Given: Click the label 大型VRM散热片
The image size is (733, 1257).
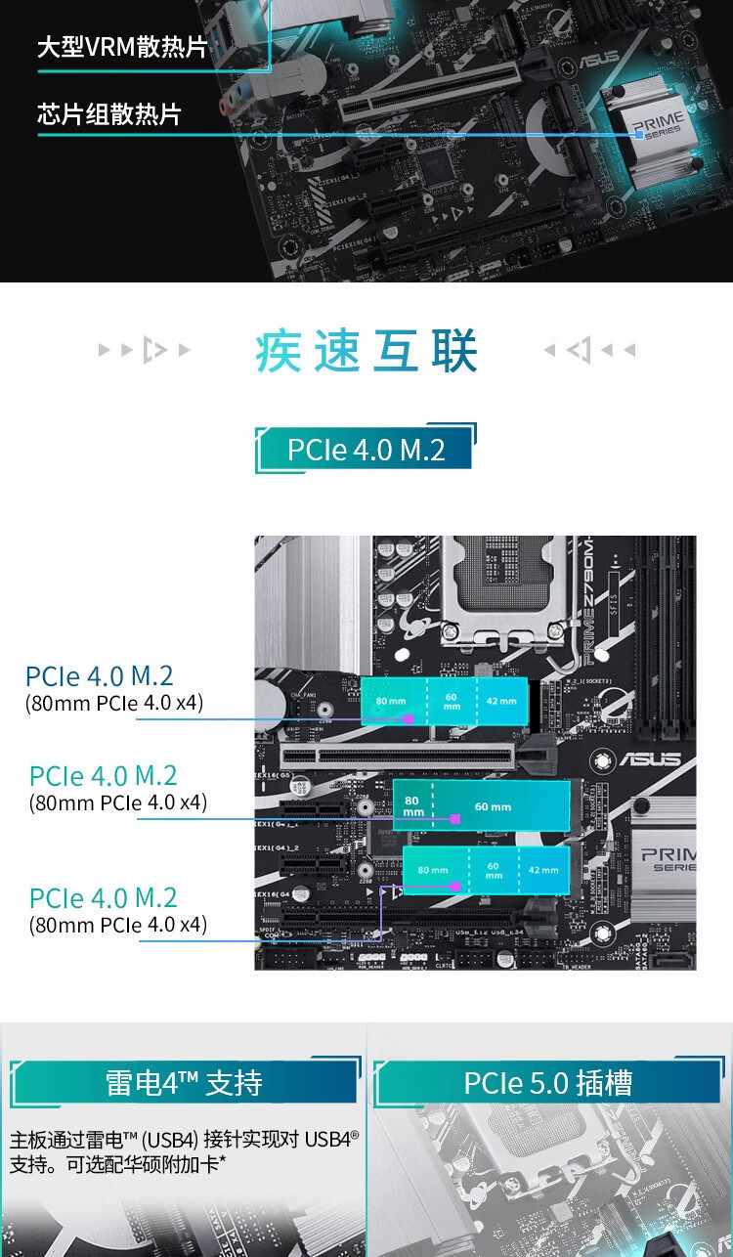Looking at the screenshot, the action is click(122, 47).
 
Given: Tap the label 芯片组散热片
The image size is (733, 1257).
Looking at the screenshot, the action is click(109, 114).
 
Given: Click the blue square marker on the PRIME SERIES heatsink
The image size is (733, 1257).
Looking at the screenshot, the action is click(638, 135).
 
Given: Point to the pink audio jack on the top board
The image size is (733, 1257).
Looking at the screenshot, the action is click(231, 105).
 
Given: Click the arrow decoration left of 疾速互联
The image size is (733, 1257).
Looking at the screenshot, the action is click(145, 350).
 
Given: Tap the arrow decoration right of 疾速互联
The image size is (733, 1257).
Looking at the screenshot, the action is click(588, 350).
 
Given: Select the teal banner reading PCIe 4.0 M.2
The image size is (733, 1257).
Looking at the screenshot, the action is click(366, 450).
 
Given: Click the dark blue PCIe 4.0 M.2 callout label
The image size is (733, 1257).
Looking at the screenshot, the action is click(100, 675).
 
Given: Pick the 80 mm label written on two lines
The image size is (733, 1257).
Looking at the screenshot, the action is click(413, 806).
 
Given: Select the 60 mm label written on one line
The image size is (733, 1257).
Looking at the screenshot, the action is click(494, 806).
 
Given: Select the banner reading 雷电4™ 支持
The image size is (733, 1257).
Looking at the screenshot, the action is click(183, 1083).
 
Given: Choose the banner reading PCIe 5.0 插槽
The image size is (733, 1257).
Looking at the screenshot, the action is click(547, 1083).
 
